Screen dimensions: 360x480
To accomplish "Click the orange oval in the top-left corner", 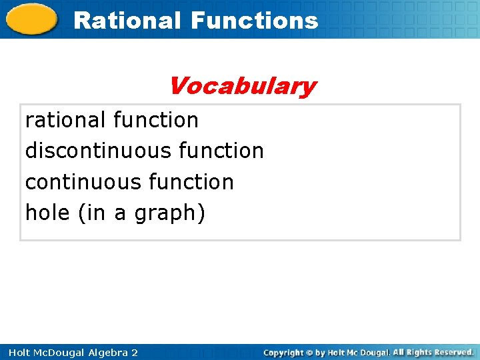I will (x=31, y=19).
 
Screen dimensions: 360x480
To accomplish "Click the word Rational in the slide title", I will (x=127, y=21).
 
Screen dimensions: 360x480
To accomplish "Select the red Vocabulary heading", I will (x=242, y=86).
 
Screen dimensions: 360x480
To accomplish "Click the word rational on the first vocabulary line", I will (x=65, y=120).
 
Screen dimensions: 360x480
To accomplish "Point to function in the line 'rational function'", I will (x=156, y=120).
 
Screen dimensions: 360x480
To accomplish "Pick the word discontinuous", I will (x=99, y=151).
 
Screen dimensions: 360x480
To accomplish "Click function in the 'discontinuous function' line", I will (x=221, y=151).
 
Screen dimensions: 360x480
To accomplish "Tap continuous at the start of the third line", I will (x=81, y=182).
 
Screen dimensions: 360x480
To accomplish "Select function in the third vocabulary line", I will (x=191, y=182).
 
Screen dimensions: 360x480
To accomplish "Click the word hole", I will (x=49, y=213).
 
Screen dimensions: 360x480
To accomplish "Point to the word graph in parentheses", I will (x=165, y=214).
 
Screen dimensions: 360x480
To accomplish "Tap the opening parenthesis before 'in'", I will (x=81, y=213).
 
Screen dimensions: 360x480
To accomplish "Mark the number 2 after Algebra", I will (x=134, y=352).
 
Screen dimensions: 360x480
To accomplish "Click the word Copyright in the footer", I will (x=285, y=352).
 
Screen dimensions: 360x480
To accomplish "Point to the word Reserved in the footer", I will (x=451, y=352).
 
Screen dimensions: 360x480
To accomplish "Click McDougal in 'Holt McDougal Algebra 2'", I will (x=54, y=352).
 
